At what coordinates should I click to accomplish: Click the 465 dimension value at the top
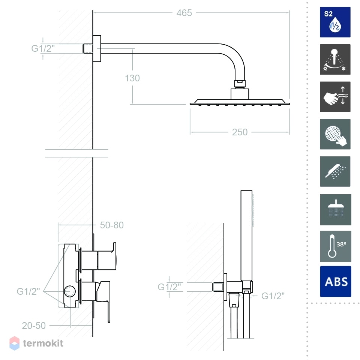click(184, 13)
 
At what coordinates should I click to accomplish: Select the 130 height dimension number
click(132, 78)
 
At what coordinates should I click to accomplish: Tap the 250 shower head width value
click(240, 132)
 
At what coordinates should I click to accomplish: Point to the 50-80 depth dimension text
click(112, 225)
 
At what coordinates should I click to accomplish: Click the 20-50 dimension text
click(34, 325)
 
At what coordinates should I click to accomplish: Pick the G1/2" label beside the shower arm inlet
click(43, 48)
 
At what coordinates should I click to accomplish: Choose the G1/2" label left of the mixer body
click(28, 291)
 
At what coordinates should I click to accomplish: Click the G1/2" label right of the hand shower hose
click(273, 296)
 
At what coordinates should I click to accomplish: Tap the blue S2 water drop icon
click(335, 22)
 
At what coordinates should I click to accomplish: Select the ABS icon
click(335, 282)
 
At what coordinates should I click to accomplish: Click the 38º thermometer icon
click(335, 246)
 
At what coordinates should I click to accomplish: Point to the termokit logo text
click(43, 343)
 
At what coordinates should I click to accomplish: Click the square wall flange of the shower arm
click(97, 48)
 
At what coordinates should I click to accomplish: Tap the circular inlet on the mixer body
click(70, 291)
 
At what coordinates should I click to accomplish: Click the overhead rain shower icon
click(335, 210)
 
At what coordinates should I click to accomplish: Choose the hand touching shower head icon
click(335, 134)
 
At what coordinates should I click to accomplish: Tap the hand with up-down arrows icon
click(335, 97)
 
